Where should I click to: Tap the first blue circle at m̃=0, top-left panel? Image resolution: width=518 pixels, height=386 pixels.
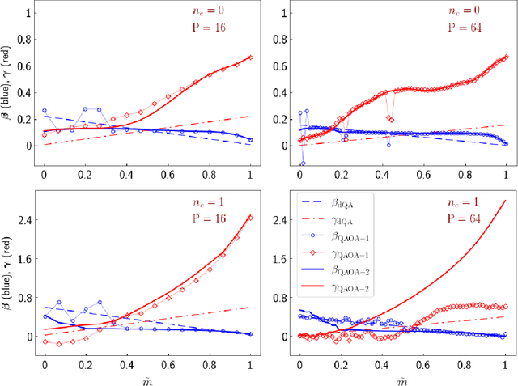pyautogui.click(x=45, y=111)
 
